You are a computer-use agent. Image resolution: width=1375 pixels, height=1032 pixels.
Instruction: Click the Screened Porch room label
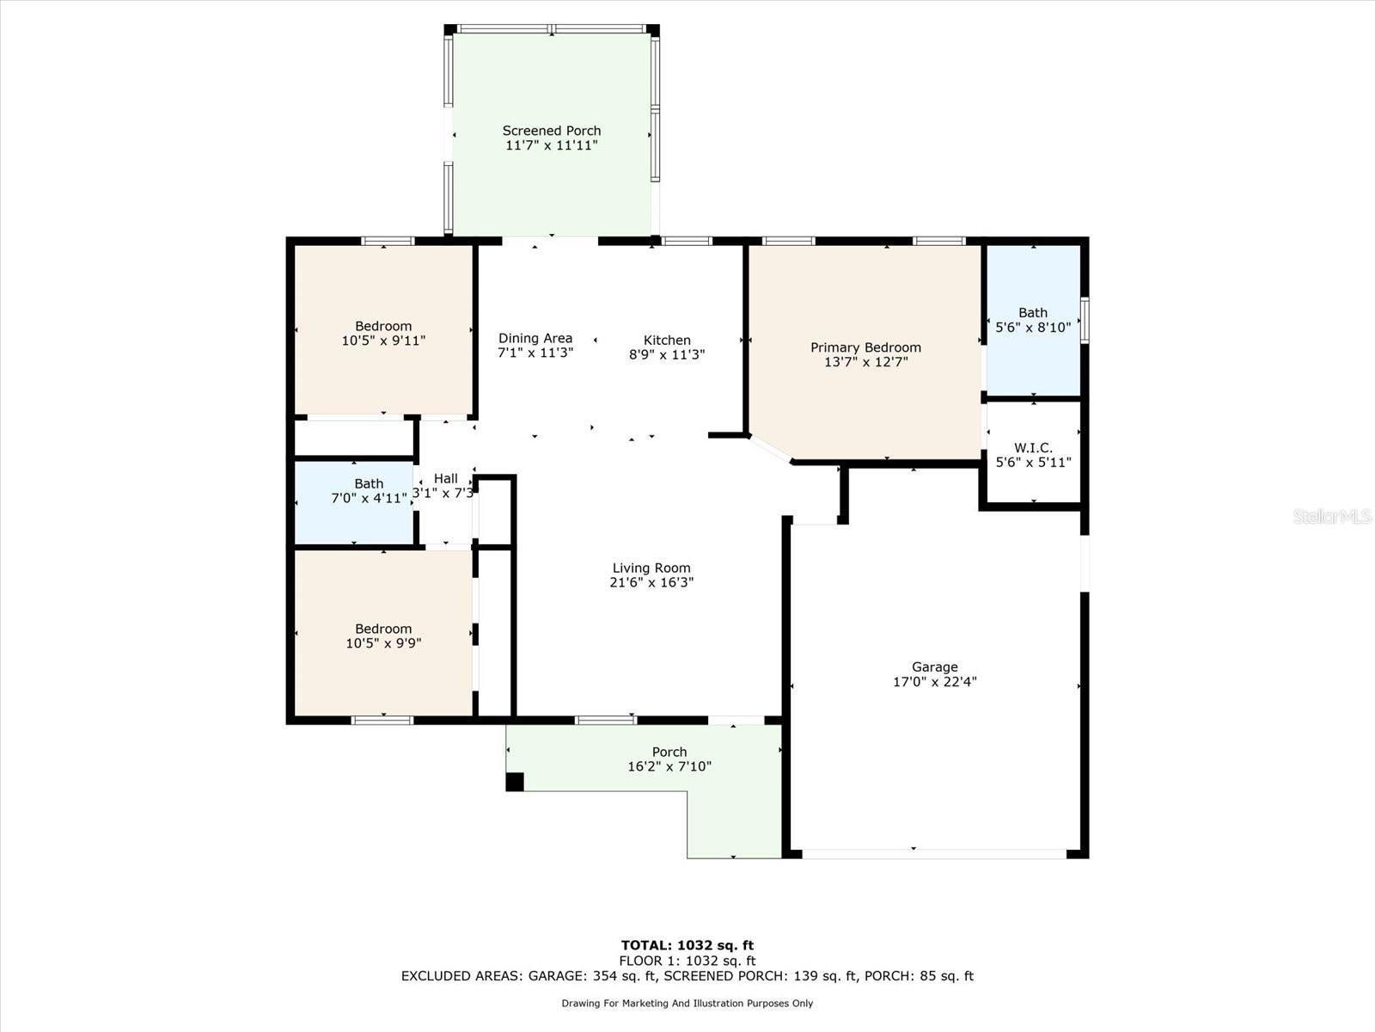[551, 131]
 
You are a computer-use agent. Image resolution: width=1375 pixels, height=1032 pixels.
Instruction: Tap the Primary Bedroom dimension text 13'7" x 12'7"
[865, 361]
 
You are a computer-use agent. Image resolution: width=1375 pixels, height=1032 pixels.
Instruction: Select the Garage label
[935, 666]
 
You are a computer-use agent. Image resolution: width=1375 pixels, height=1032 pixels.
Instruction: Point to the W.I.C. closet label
[1033, 447]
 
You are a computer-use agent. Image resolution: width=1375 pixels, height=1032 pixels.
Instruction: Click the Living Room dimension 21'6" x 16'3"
[651, 582]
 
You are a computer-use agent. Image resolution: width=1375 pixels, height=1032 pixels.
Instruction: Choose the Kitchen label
[667, 341]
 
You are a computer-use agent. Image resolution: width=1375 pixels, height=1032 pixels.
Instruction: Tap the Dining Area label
[535, 338]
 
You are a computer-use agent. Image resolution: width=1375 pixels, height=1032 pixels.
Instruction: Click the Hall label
[445, 479]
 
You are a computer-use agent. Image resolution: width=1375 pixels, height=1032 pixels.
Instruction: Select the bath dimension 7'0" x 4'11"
[369, 498]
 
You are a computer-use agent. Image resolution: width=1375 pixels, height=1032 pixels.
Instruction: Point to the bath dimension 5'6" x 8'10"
[1033, 327]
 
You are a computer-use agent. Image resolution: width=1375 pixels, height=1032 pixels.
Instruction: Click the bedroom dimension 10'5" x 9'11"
[383, 341]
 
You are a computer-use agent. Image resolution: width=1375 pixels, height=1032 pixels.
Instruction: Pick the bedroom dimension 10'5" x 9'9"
[383, 643]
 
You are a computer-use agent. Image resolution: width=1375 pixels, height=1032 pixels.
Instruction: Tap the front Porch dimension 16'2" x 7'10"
[669, 765]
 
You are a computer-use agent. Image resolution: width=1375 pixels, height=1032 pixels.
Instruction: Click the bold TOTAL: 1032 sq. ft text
[687, 945]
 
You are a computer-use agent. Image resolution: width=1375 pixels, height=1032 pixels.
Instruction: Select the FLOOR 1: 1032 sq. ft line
[687, 961]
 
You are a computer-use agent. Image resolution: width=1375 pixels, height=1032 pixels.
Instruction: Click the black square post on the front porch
[514, 782]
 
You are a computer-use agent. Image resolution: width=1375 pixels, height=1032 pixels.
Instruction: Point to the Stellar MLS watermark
[1332, 516]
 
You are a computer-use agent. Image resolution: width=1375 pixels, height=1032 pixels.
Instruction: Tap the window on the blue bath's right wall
[1085, 320]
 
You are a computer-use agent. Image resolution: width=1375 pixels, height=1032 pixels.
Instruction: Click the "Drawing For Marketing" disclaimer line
[687, 1003]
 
